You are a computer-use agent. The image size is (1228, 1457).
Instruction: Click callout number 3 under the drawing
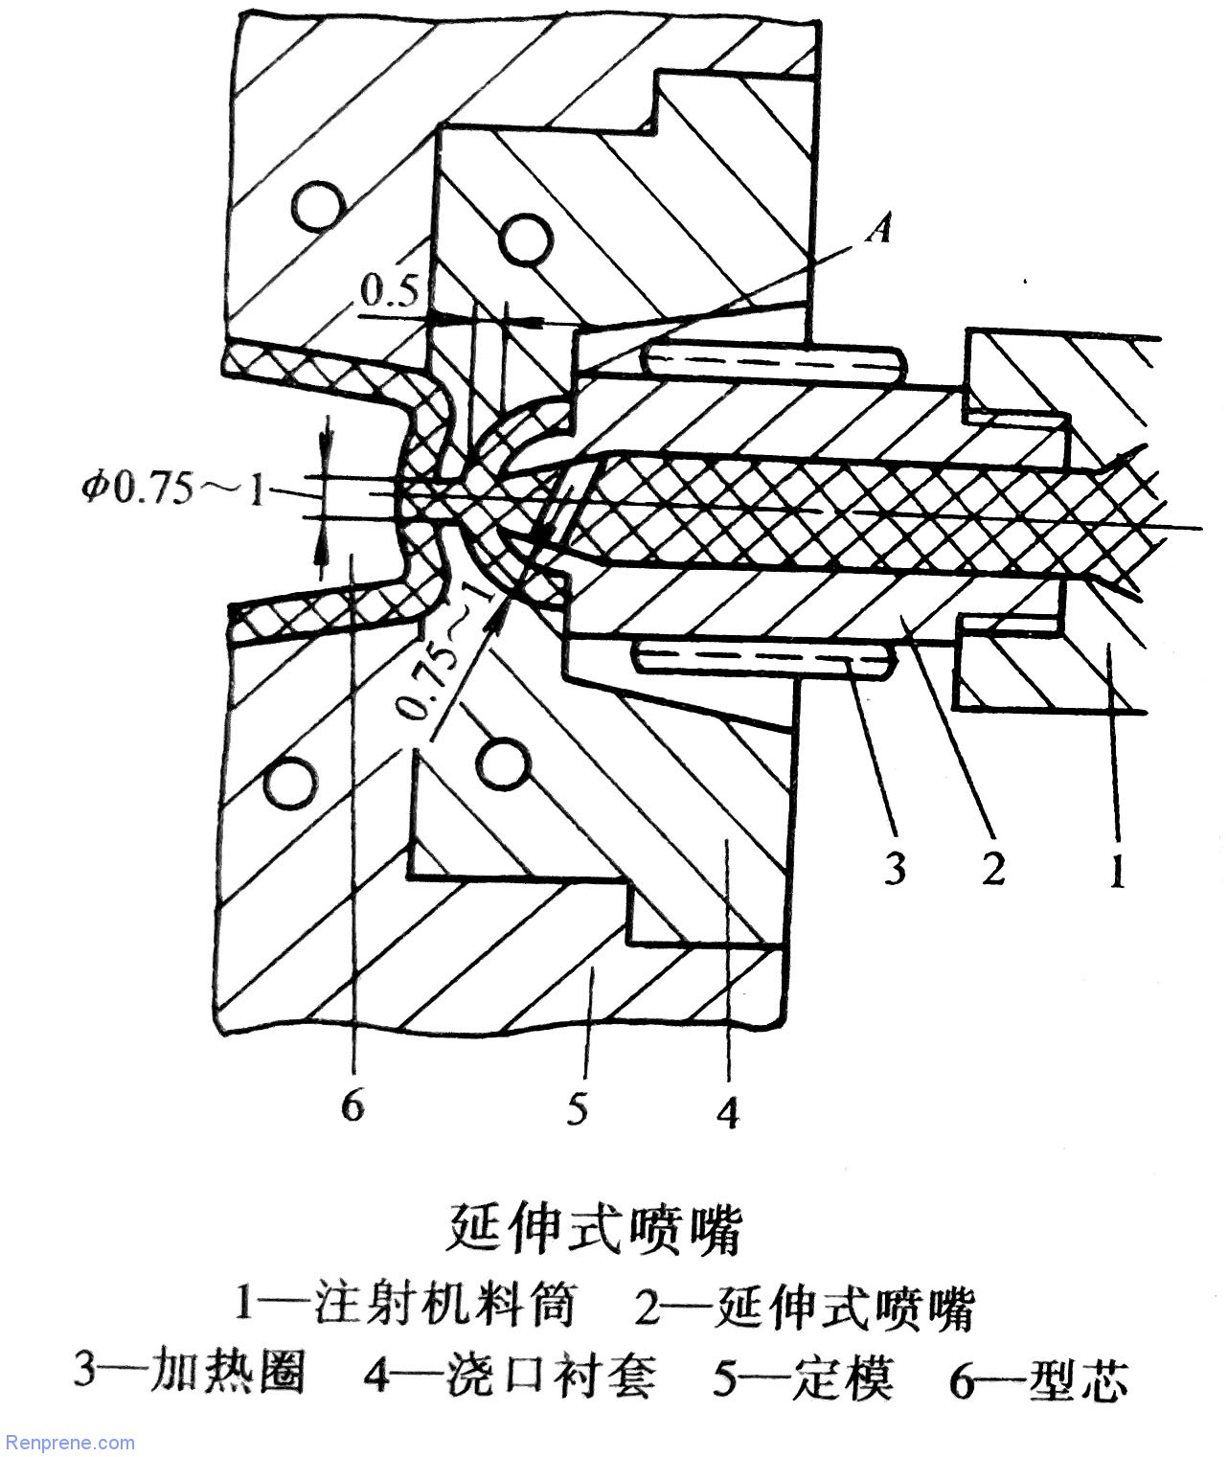[895, 871]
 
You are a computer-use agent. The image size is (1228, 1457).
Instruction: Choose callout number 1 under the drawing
[1116, 871]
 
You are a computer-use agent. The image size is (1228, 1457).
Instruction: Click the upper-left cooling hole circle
[319, 207]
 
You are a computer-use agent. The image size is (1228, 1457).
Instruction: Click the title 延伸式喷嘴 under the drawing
[596, 1231]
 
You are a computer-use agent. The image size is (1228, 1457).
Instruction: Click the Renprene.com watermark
[69, 1442]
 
